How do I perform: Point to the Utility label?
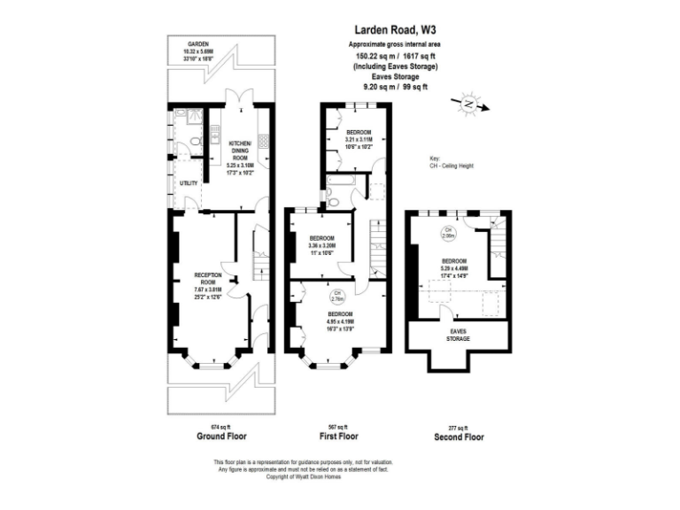[188, 183]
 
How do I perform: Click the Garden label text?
[197, 47]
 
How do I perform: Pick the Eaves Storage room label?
[457, 334]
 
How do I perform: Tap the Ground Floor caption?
[221, 437]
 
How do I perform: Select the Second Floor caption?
[460, 437]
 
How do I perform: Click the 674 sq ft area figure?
[221, 426]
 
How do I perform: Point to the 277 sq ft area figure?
[460, 426]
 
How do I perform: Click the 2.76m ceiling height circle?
[337, 296]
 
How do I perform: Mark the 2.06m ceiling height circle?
[450, 235]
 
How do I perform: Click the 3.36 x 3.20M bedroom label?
[321, 243]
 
